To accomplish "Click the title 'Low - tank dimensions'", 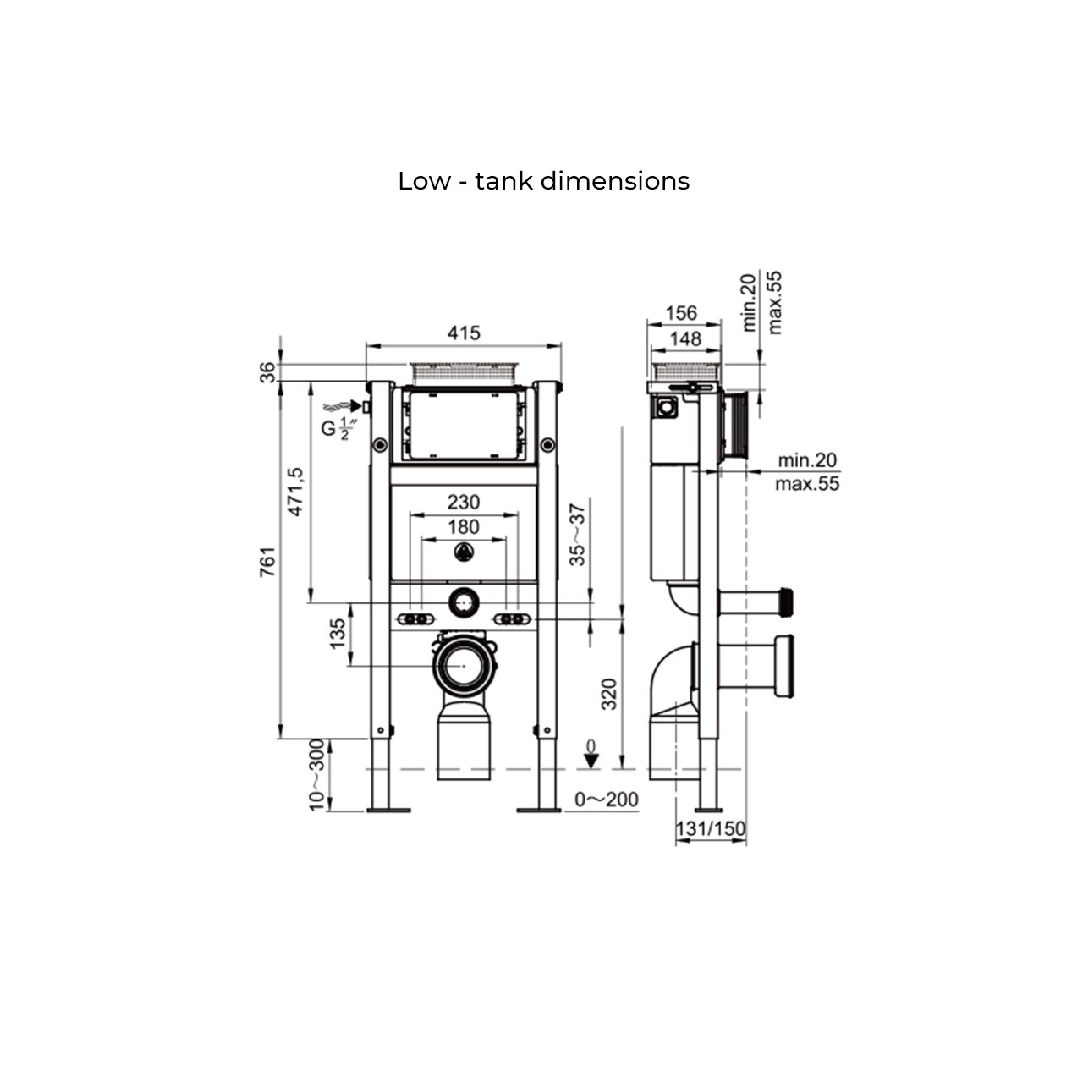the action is pyautogui.click(x=543, y=181).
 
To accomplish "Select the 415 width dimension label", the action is pyautogui.click(x=464, y=333).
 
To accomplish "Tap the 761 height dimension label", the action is pyautogui.click(x=268, y=561).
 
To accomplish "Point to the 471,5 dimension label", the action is pyautogui.click(x=294, y=492).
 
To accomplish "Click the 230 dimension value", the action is pyautogui.click(x=464, y=502).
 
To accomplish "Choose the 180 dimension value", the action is pyautogui.click(x=464, y=526).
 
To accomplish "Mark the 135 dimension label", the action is pyautogui.click(x=338, y=634).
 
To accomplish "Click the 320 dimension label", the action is pyautogui.click(x=609, y=694).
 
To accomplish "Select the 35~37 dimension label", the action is pyautogui.click(x=577, y=535).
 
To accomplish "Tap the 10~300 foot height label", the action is pyautogui.click(x=317, y=775).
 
